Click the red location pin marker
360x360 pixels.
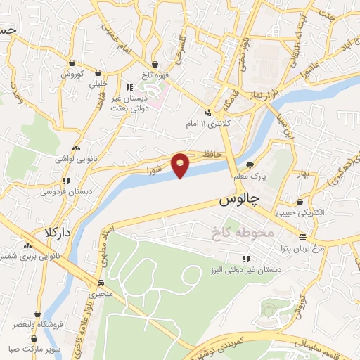point(181,165)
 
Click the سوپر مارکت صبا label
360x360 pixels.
point(34,348)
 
